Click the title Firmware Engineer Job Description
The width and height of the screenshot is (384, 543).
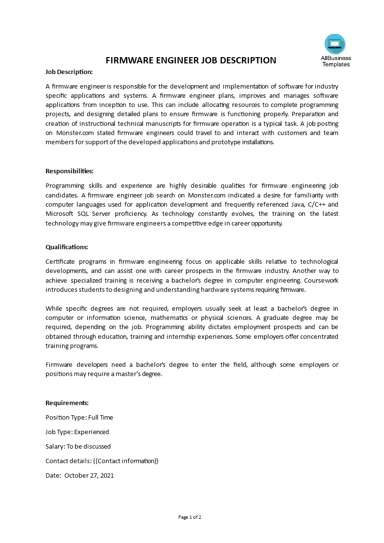coord(191,60)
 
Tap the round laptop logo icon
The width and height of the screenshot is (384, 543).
coord(335,44)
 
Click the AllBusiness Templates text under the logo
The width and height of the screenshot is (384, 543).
coord(336,61)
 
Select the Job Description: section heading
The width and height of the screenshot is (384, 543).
coord(69,72)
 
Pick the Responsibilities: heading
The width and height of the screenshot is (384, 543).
coord(69,171)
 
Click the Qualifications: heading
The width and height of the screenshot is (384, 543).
coord(67,247)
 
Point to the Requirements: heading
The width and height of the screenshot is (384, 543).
coord(67,403)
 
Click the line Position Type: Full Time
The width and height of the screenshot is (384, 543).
coord(79,417)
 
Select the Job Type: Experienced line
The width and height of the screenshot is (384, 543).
coord(77,432)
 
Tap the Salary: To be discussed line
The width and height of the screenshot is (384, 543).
coord(78,446)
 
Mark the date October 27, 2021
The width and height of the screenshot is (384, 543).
coord(89,475)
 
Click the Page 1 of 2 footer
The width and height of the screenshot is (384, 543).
coord(190,517)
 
